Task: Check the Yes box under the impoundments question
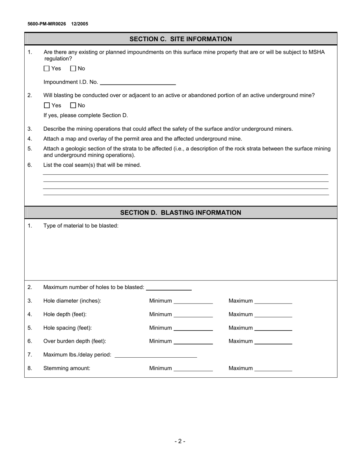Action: pos(47,69)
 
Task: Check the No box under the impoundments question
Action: pos(73,69)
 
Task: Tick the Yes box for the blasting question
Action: pos(47,105)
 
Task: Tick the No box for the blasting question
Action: pos(73,105)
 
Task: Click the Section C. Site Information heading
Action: pos(180,39)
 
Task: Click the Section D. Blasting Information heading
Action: pos(180,213)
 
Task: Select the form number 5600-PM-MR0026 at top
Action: pos(47,24)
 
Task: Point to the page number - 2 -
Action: pos(180,441)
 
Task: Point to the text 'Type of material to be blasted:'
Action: pos(81,226)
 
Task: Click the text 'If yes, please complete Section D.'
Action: pos(86,115)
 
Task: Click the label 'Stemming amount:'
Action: pos(67,368)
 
